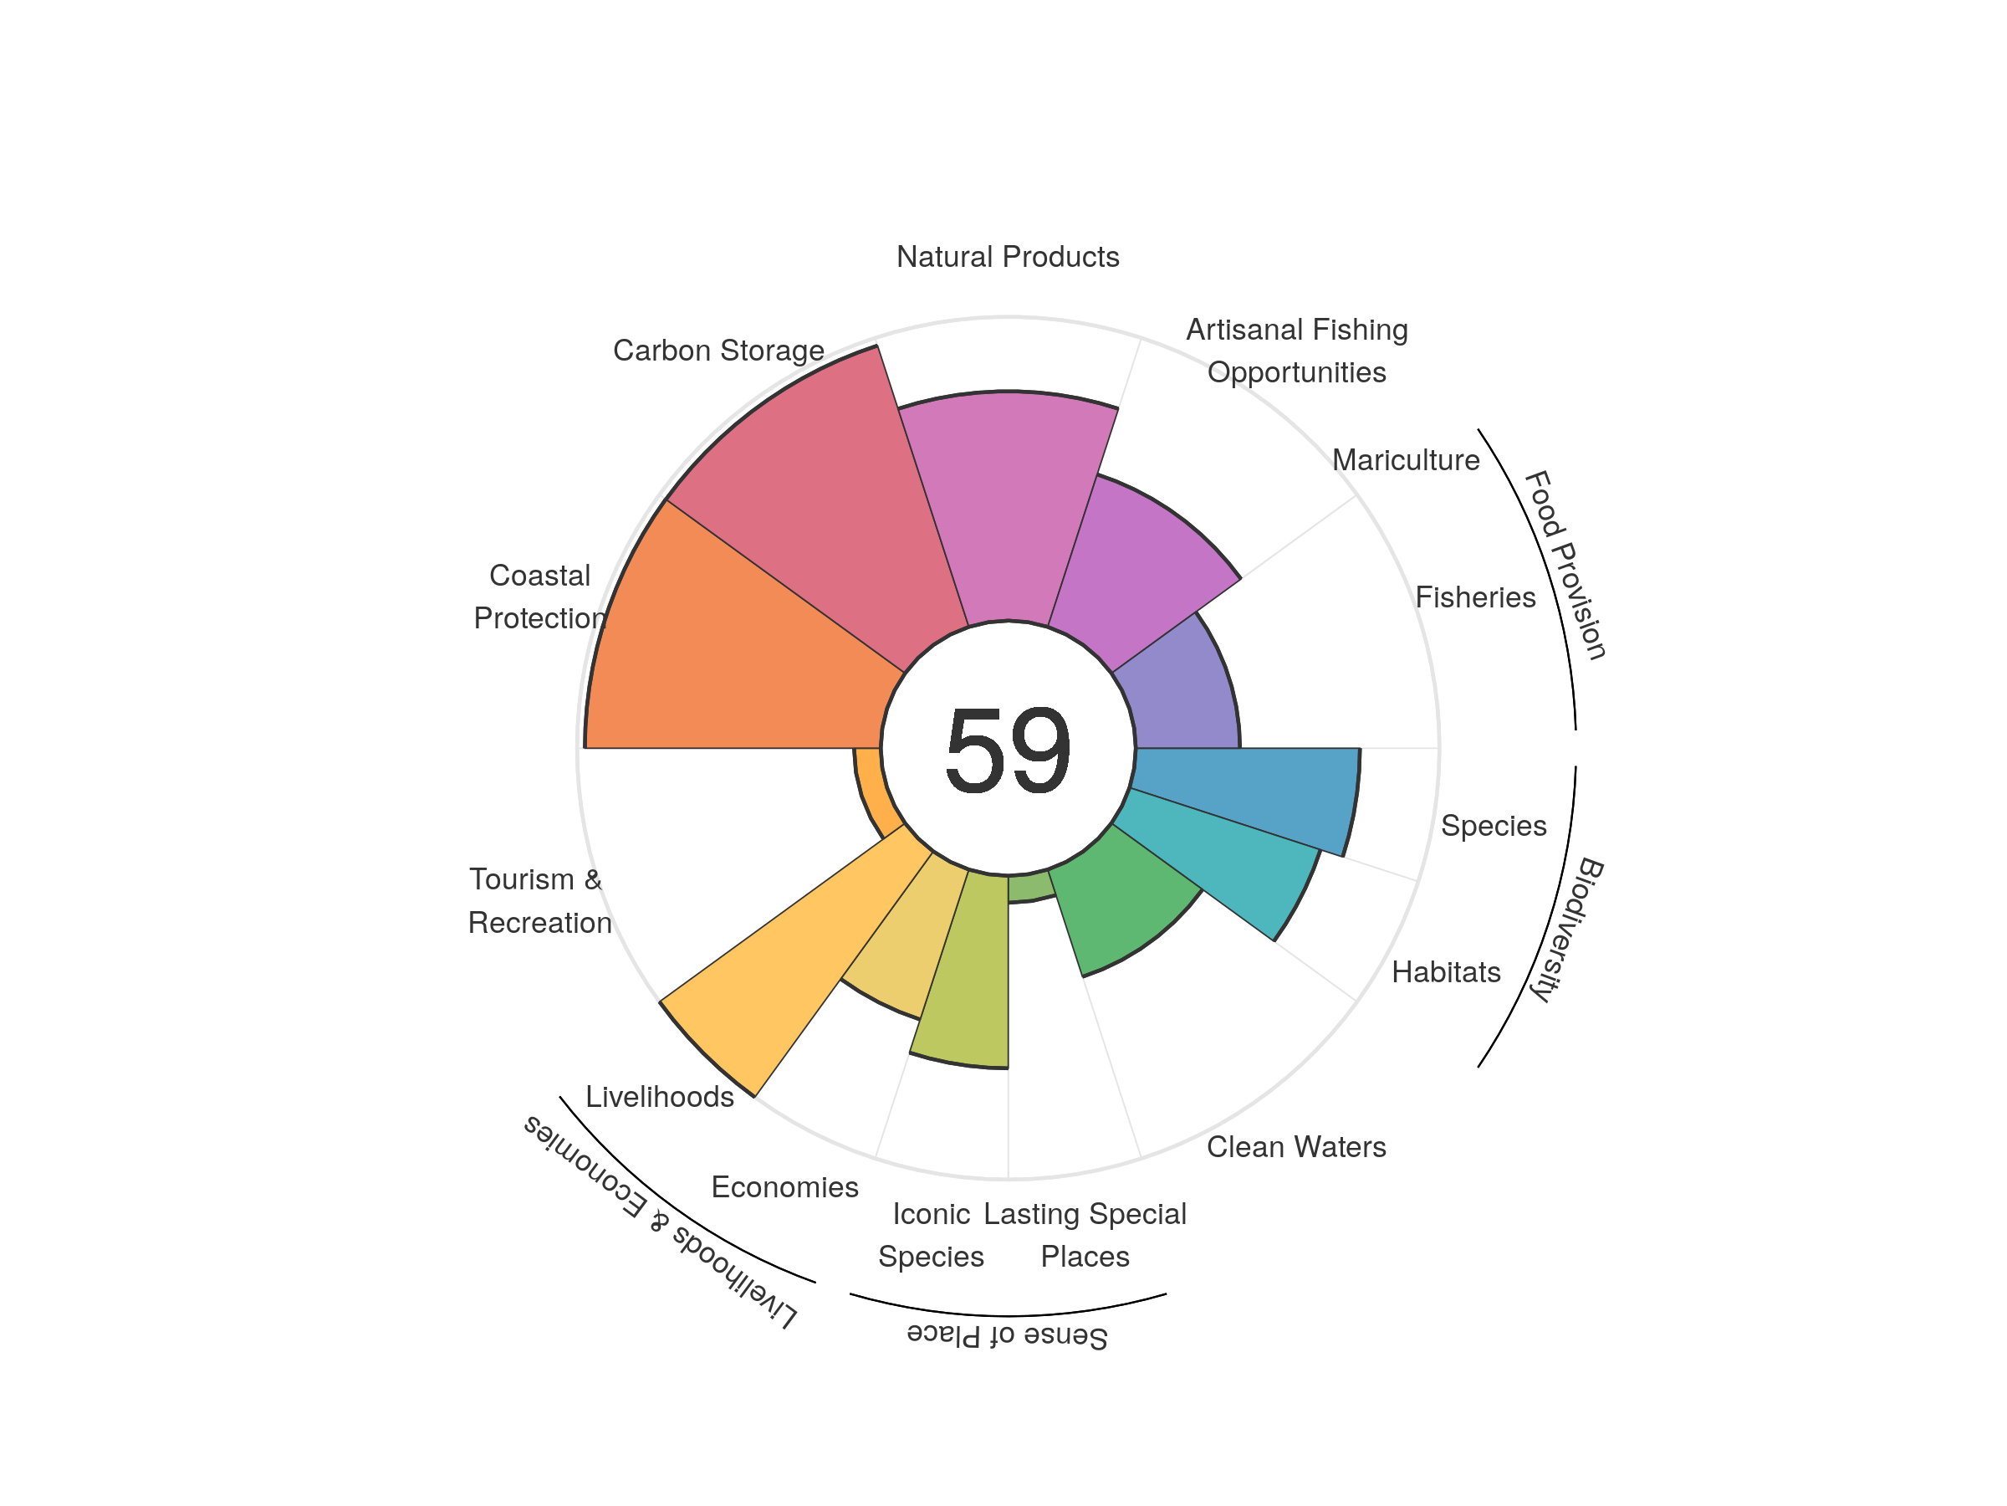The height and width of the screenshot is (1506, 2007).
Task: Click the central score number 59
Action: (1007, 750)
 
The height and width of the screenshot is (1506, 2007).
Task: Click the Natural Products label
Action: (1007, 257)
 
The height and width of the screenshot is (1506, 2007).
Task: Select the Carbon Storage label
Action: (718, 351)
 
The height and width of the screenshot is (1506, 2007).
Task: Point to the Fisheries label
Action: (1474, 597)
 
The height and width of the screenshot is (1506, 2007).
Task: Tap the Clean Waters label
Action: (1295, 1146)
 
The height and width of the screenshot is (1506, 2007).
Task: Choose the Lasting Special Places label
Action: (1085, 1235)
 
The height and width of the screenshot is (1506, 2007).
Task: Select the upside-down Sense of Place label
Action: (1007, 1336)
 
